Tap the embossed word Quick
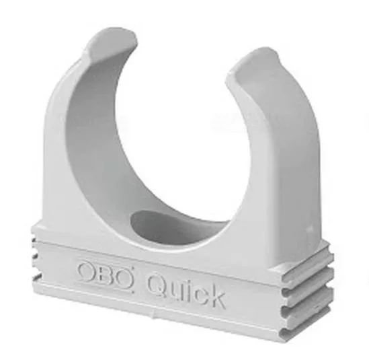186,290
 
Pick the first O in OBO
87,271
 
